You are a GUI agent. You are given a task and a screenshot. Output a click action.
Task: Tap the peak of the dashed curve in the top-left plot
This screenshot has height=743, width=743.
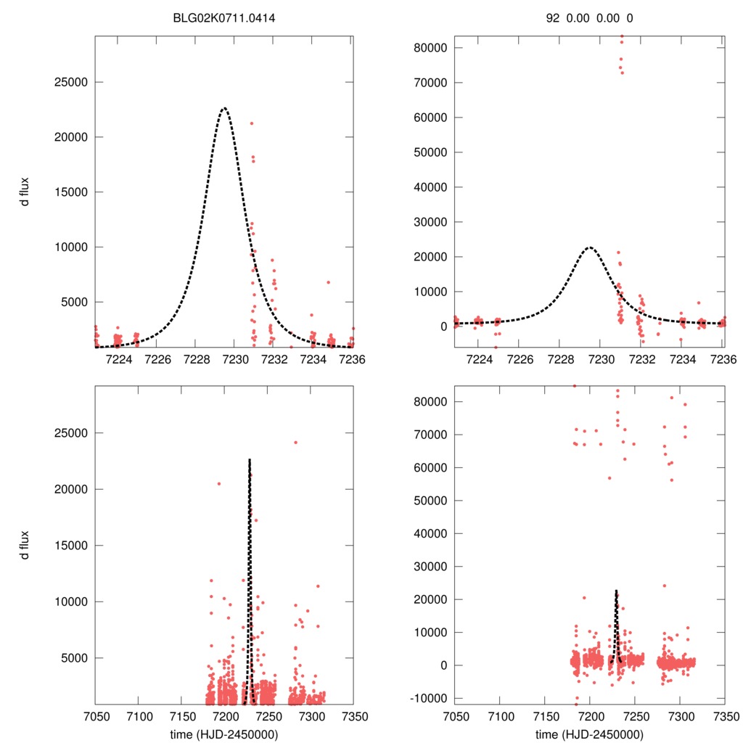224,108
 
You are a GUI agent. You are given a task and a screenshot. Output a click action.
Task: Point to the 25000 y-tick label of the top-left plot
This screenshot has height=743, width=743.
71,82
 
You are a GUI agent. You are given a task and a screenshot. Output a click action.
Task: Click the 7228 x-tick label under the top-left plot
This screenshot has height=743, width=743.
197,359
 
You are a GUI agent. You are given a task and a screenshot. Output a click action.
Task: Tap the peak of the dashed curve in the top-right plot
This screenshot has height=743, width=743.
589,247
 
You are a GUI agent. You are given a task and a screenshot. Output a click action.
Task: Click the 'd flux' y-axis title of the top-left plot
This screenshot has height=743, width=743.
25,192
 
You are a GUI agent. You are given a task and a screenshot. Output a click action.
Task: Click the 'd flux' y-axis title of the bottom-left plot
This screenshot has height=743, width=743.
25,545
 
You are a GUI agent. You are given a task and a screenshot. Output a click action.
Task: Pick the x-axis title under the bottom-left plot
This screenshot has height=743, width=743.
224,734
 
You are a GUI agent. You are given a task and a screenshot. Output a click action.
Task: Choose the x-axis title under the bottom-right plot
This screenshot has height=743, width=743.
589,734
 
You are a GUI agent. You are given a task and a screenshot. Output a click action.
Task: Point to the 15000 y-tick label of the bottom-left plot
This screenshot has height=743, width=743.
71,546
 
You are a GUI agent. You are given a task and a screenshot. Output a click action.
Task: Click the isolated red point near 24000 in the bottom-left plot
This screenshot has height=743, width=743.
295,442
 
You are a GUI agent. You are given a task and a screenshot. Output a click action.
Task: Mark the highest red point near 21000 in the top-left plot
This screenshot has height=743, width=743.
252,123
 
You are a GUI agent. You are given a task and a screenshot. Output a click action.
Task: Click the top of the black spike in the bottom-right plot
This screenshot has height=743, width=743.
616,591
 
